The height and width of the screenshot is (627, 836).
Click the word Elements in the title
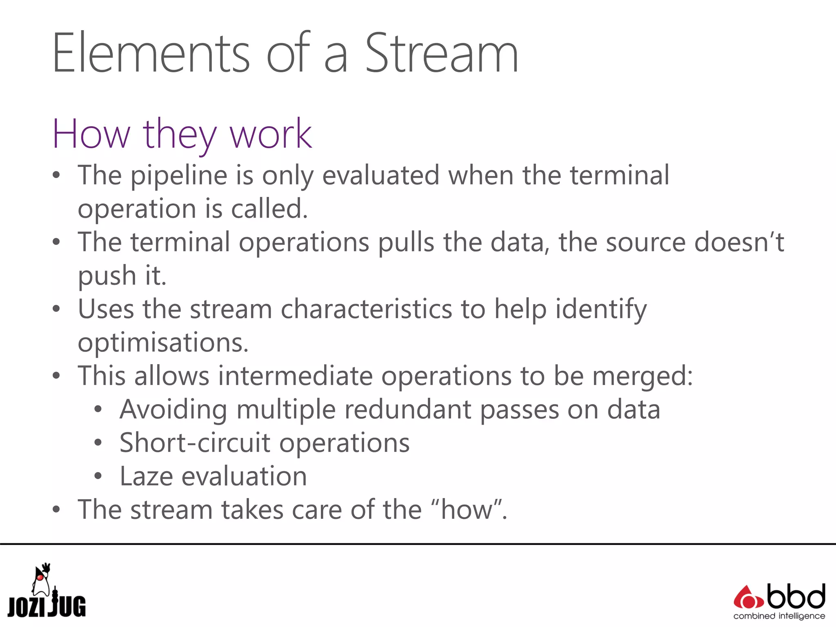click(x=151, y=54)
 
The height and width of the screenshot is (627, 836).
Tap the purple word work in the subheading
click(x=271, y=134)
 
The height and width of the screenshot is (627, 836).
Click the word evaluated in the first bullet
click(x=380, y=176)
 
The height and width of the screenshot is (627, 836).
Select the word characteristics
click(x=366, y=309)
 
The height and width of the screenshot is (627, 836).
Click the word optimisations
click(x=163, y=343)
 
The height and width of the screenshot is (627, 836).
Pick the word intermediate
click(x=295, y=376)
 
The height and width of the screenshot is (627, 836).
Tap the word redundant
click(x=408, y=409)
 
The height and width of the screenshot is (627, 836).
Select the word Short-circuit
click(x=195, y=443)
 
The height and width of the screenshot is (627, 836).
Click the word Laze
click(x=146, y=476)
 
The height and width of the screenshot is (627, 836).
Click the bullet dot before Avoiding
click(x=98, y=409)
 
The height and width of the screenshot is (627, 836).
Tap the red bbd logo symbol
click(x=748, y=598)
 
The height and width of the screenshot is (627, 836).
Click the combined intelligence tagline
click(x=779, y=616)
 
